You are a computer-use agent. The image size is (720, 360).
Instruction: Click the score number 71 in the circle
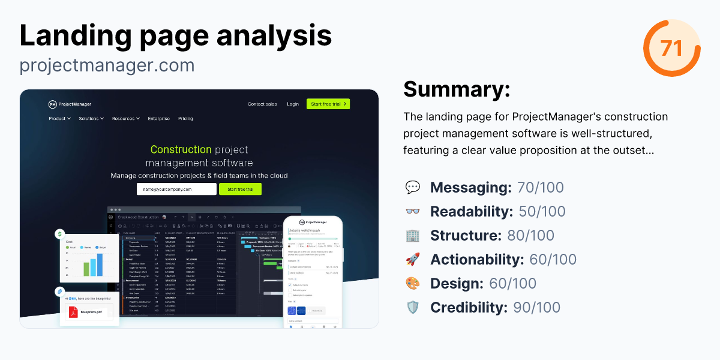click(671, 48)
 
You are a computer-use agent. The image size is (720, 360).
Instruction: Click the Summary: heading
click(457, 89)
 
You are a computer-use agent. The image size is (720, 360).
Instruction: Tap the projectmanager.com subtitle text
click(107, 65)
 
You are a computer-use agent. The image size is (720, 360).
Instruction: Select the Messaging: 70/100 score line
click(497, 188)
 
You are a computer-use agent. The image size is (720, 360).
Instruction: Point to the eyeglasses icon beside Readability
click(413, 212)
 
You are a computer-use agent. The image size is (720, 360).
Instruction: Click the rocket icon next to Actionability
click(413, 260)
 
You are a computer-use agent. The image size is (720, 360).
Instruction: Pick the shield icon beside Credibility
click(413, 308)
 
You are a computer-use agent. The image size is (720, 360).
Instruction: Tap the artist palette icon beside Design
click(413, 284)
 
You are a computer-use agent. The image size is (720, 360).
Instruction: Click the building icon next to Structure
click(413, 236)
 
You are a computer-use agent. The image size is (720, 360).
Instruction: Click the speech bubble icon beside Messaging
click(413, 188)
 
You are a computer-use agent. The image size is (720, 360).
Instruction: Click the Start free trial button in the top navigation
click(328, 104)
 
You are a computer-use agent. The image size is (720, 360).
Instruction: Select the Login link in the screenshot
click(293, 104)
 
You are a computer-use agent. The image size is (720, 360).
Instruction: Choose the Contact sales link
click(262, 104)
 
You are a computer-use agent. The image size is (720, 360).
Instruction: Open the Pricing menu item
click(185, 119)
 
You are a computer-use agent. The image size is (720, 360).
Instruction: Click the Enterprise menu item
click(159, 119)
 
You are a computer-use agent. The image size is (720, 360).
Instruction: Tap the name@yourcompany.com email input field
click(176, 189)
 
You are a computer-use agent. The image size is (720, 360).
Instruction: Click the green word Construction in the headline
click(181, 149)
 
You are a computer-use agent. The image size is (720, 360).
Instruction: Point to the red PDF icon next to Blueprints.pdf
click(73, 313)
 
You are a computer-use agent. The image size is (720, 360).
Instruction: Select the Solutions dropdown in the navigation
click(91, 119)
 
